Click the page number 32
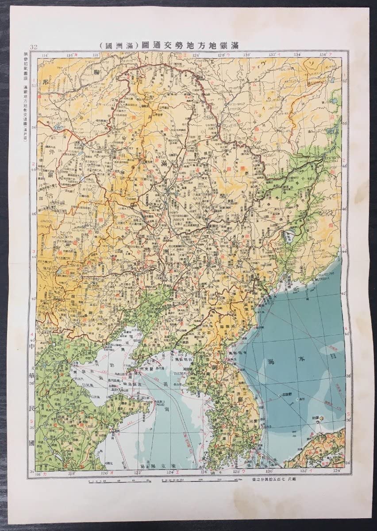[x=34, y=47]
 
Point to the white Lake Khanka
[x=291, y=236]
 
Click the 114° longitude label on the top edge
[x=44, y=55]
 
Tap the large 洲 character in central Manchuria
[x=165, y=251]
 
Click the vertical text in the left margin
[x=24, y=95]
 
